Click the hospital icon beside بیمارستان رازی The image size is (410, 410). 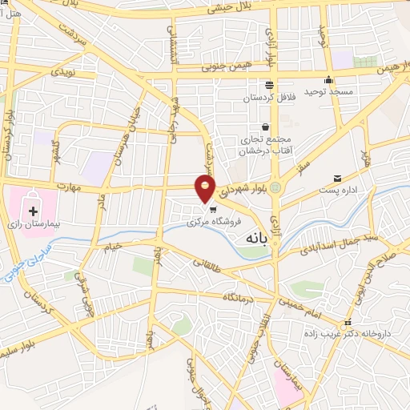pos(33,212)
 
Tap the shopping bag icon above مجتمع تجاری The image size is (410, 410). pos(265,127)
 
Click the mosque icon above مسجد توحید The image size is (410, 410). pos(328,80)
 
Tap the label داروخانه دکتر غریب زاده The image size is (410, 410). pos(358,330)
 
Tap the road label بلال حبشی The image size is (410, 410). pos(226,9)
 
